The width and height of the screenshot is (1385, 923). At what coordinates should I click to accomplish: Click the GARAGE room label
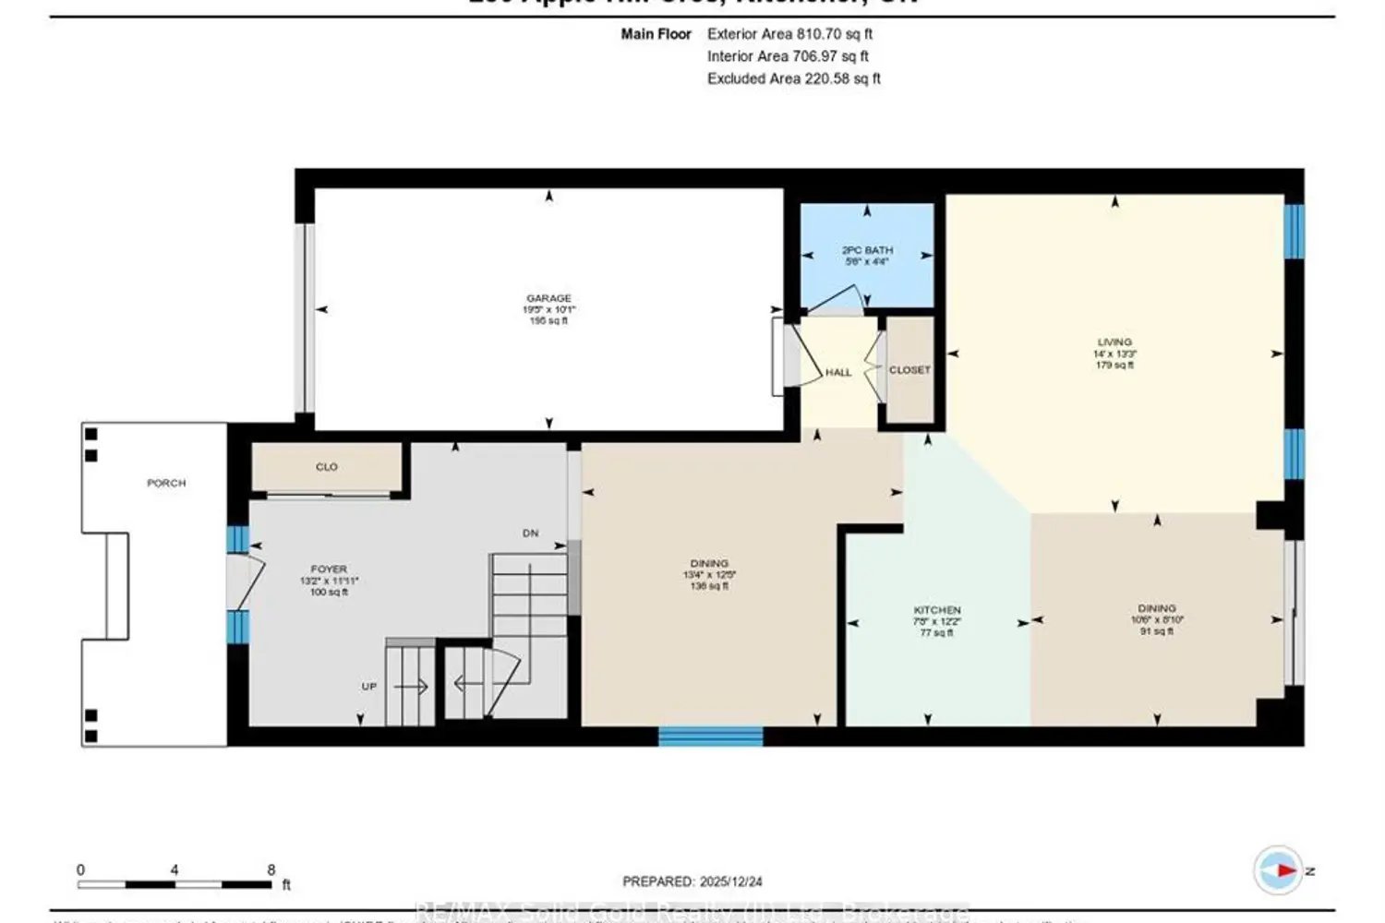pyautogui.click(x=548, y=298)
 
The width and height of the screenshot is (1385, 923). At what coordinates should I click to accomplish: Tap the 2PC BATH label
pyautogui.click(x=867, y=250)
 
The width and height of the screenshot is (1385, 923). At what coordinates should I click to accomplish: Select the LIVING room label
pyautogui.click(x=1114, y=342)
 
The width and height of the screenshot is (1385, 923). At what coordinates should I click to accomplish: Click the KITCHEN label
pyautogui.click(x=937, y=610)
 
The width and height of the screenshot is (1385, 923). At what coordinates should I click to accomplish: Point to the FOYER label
pyautogui.click(x=329, y=569)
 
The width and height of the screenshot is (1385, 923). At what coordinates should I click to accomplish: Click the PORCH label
pyautogui.click(x=166, y=483)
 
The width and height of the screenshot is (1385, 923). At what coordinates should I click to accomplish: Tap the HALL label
pyautogui.click(x=838, y=372)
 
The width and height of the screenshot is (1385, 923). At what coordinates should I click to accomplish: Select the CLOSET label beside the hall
pyautogui.click(x=909, y=369)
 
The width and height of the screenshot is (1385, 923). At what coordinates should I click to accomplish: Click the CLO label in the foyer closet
pyautogui.click(x=327, y=467)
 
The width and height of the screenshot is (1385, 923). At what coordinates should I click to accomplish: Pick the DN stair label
pyautogui.click(x=530, y=533)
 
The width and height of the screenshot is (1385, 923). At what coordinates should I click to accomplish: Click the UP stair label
pyautogui.click(x=369, y=687)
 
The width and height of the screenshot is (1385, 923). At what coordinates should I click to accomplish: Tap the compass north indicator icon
pyautogui.click(x=1279, y=869)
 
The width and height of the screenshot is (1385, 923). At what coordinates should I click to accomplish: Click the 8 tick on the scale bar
pyautogui.click(x=271, y=869)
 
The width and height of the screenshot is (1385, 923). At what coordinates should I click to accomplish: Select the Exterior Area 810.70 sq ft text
pyautogui.click(x=789, y=34)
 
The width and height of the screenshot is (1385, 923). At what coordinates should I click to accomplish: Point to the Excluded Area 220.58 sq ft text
pyautogui.click(x=793, y=78)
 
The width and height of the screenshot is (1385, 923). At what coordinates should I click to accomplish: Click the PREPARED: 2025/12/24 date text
pyautogui.click(x=692, y=881)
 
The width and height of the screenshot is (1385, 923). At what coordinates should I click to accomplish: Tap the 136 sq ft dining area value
pyautogui.click(x=709, y=586)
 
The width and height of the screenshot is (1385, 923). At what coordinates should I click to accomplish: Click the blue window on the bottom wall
pyautogui.click(x=710, y=736)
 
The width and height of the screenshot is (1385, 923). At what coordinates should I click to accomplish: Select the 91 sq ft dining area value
pyautogui.click(x=1157, y=631)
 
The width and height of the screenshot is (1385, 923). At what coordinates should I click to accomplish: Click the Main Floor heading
pyautogui.click(x=656, y=34)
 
